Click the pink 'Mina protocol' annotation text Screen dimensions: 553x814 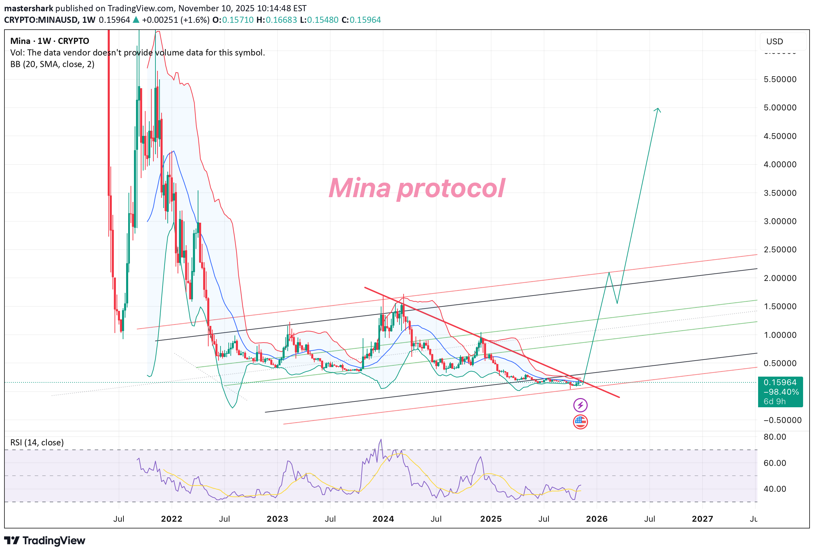(x=417, y=188)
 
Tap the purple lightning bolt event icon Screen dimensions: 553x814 (x=580, y=405)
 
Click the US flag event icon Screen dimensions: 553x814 (x=580, y=422)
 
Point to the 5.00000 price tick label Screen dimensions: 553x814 (x=780, y=108)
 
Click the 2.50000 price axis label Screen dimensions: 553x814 (x=780, y=250)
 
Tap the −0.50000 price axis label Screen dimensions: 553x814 (x=782, y=420)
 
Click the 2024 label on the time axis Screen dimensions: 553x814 (x=383, y=519)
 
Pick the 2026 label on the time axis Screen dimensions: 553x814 (x=597, y=519)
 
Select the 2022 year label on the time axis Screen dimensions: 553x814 (x=171, y=519)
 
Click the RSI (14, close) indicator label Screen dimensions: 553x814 (x=37, y=442)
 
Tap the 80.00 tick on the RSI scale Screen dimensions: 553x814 (x=775, y=437)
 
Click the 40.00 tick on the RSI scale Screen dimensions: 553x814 (x=775, y=489)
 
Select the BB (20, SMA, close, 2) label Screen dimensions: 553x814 (x=52, y=64)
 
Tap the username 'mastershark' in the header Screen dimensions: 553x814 (x=29, y=8)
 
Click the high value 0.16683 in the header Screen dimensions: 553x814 (x=281, y=20)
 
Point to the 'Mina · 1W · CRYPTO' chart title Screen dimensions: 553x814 (x=50, y=41)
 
